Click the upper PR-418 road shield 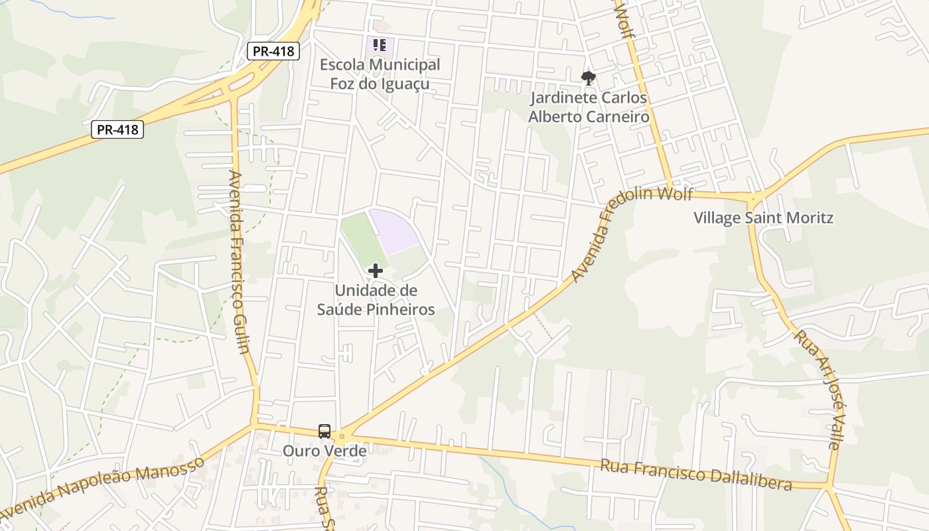pyautogui.click(x=273, y=51)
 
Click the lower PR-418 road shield pyautogui.click(x=117, y=129)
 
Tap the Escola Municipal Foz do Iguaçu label pyautogui.click(x=380, y=74)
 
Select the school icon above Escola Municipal pyautogui.click(x=380, y=45)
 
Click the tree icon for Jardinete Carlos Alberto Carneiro pyautogui.click(x=588, y=78)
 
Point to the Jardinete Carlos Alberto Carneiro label pyautogui.click(x=588, y=108)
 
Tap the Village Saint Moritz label pyautogui.click(x=763, y=218)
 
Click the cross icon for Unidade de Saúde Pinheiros pyautogui.click(x=376, y=271)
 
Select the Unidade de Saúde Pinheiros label pyautogui.click(x=376, y=300)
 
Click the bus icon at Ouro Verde pyautogui.click(x=324, y=431)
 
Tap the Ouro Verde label pyautogui.click(x=324, y=451)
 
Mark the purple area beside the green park pyautogui.click(x=393, y=230)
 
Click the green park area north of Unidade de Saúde pyautogui.click(x=362, y=239)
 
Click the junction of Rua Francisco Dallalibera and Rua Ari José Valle pyautogui.click(x=828, y=486)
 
